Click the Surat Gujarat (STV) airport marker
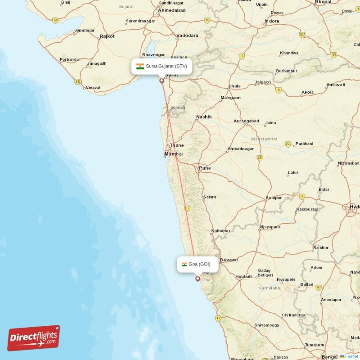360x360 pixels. [x=162, y=81]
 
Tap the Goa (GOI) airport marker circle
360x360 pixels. [x=197, y=279]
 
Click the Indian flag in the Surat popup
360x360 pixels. [x=140, y=66]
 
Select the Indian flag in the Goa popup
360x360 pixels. [x=184, y=264]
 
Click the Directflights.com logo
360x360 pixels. [x=34, y=338]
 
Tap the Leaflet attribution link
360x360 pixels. [x=351, y=356]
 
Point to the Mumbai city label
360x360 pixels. [x=173, y=154]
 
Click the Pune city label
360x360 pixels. [x=205, y=168]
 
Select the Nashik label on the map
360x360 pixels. [x=203, y=117]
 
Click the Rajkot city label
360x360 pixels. [x=107, y=36]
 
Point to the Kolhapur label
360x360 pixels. [x=220, y=231]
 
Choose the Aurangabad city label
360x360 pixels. [x=246, y=121]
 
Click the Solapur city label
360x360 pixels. [x=274, y=198]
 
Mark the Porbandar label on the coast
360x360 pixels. [x=70, y=59]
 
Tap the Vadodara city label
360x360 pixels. [x=187, y=35]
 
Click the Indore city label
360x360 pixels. [x=272, y=21]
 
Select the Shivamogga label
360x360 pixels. [x=266, y=325]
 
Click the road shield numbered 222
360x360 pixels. [x=288, y=144]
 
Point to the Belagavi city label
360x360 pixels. [x=229, y=260]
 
